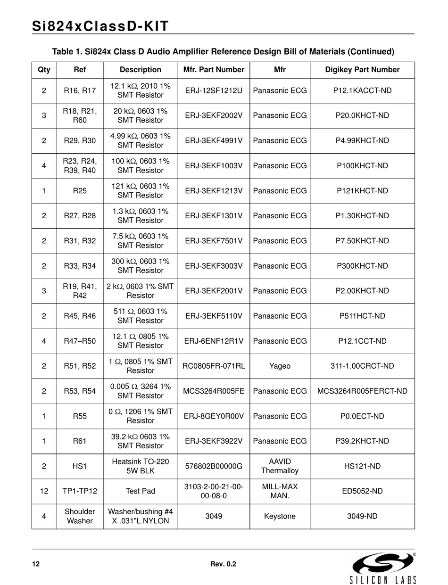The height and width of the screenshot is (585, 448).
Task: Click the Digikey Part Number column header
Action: coord(362,70)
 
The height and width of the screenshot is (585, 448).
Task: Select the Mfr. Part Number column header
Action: coord(214,70)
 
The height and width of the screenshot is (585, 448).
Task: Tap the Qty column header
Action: coord(44,70)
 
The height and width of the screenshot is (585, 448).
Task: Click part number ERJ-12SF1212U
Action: coord(214,91)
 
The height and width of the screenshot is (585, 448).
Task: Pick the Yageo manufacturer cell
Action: coord(280,366)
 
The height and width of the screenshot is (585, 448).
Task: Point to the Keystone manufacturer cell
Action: coord(280,516)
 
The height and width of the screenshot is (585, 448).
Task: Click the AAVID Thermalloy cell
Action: coord(280,466)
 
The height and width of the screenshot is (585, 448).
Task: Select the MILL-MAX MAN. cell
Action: coord(280,491)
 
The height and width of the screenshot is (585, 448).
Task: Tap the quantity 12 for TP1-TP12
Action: coord(44,491)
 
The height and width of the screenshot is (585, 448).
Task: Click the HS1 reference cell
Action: coord(80,466)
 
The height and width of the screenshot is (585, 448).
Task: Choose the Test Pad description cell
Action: coord(141,491)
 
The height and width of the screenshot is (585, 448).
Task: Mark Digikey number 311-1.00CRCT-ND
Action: coord(362,366)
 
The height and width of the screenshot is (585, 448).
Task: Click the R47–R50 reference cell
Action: coord(80,341)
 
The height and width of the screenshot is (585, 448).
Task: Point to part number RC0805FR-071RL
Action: coord(214,366)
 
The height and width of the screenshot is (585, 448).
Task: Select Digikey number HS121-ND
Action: coord(362,466)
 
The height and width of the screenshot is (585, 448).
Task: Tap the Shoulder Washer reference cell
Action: coord(80,516)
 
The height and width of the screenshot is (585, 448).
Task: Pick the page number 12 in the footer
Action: coord(36,564)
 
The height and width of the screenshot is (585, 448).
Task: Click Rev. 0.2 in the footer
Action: coord(223,564)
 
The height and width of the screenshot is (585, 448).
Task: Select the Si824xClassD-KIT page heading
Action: coord(100,26)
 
